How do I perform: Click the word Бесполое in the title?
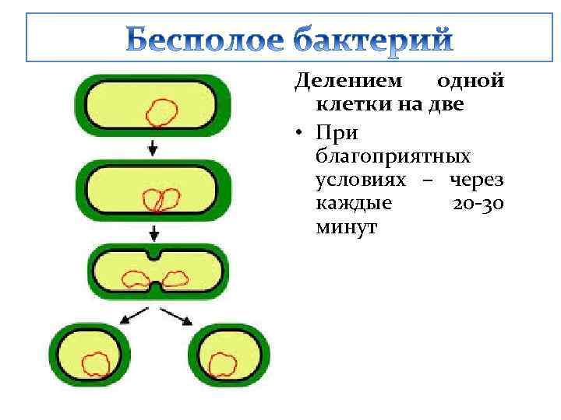[206, 40]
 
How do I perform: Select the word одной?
[470, 81]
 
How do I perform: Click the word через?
[475, 180]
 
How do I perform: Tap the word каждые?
[355, 204]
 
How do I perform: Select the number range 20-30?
[478, 204]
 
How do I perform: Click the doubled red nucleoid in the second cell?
[160, 201]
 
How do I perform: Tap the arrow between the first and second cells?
[153, 147]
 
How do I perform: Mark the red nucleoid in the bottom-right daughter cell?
[224, 362]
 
